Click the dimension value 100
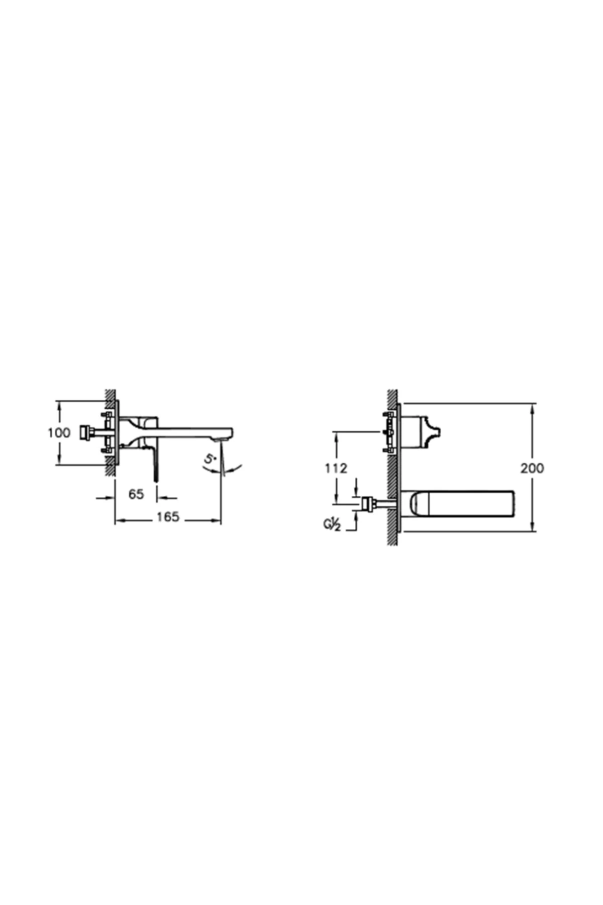click(59, 432)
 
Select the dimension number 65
click(136, 494)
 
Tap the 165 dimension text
click(168, 517)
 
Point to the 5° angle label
click(210, 459)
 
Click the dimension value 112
click(336, 468)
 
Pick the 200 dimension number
click(532, 468)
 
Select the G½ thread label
click(332, 525)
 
